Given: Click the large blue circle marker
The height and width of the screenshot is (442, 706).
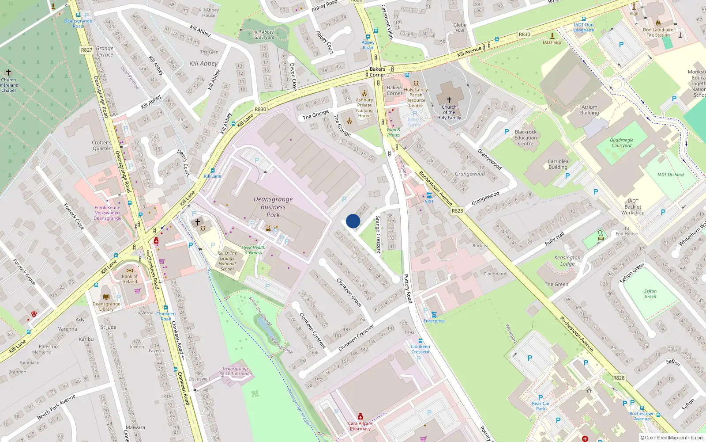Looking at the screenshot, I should tap(353, 221).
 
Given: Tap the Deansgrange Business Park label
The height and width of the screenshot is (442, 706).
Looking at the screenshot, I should tap(273, 207).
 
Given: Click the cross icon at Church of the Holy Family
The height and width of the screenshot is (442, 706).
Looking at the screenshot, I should tap(449, 100).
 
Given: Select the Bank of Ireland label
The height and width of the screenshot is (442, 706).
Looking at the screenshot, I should tap(130, 279).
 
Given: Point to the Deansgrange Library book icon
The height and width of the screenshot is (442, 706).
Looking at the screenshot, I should tap(106, 297).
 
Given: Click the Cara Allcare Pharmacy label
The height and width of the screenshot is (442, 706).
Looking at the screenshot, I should tap(360, 426).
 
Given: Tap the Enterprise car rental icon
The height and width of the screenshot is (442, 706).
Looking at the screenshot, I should tap(434, 314).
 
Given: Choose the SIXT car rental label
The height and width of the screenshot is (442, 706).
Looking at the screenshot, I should tap(429, 202).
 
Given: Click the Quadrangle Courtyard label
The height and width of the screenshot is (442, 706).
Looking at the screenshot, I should tap(621, 143).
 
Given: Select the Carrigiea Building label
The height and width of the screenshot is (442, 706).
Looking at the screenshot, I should tap(558, 164).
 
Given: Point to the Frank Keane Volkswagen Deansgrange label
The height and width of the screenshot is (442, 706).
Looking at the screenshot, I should tap(107, 213).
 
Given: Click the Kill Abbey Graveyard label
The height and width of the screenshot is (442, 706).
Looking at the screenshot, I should tap(264, 34).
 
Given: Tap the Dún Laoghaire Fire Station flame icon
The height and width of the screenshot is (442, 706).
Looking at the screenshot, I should tap(658, 23).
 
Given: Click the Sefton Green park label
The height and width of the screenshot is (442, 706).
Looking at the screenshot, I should tap(650, 293).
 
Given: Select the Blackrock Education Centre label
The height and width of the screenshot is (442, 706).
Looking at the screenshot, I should tap(526, 137).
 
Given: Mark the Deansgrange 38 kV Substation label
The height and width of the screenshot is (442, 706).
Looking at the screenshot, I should tap(236, 371).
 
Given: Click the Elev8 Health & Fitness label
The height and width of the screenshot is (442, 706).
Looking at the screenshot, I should tap(253, 250).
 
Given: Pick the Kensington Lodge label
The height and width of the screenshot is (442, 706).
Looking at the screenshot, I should tap(567, 260).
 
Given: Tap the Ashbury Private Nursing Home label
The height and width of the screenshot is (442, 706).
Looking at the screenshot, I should tap(364, 108).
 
